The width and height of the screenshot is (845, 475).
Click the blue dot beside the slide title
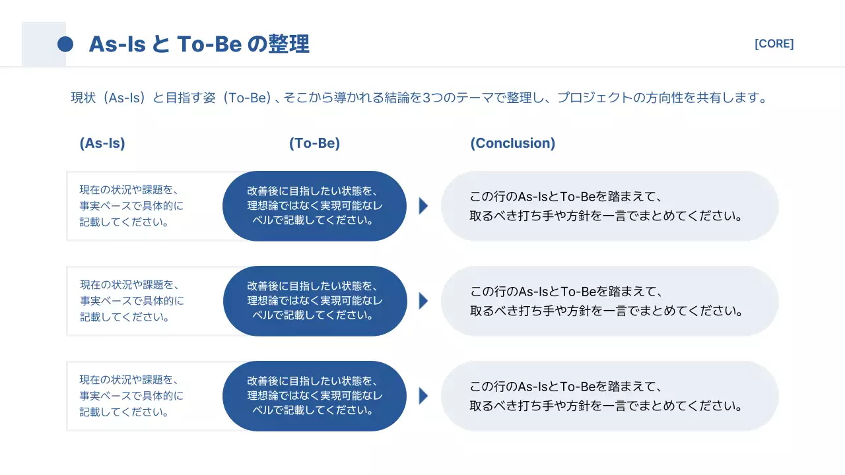65,44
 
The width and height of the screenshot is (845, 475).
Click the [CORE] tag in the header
774,44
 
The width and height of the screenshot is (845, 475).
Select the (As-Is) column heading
102,143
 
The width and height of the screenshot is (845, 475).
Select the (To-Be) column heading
314,143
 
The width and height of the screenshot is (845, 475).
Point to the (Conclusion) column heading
512,143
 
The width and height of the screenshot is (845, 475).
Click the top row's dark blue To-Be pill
314,206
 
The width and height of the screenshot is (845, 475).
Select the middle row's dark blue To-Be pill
314,301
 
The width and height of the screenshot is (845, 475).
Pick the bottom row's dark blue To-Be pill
314,396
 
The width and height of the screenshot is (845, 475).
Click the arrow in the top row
423,206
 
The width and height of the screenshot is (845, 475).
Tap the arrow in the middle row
423,301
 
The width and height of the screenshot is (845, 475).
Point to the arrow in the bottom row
423,396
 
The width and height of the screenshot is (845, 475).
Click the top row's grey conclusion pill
609,206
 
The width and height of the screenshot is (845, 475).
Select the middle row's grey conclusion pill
609,301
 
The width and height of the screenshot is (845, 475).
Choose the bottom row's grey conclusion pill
609,396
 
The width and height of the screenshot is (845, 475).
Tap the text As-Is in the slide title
117,44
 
